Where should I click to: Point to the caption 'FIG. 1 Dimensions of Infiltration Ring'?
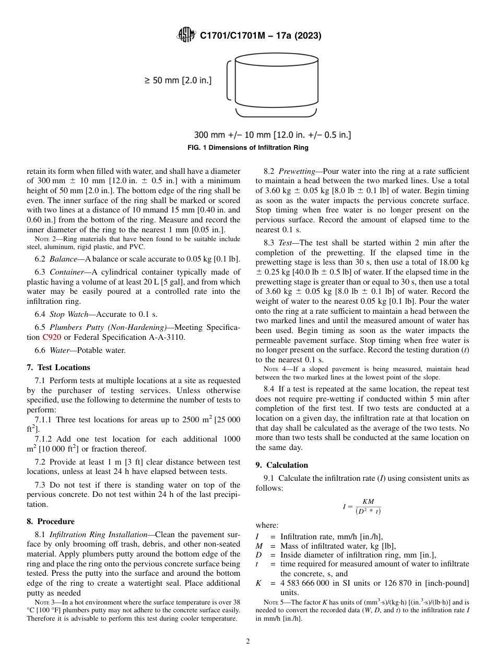(x=247, y=148)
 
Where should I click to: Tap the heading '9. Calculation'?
(x=282, y=465)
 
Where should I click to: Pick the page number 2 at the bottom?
(x=248, y=642)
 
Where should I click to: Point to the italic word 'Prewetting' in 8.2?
(x=297, y=171)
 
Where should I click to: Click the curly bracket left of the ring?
(x=228, y=80)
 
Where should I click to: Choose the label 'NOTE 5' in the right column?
(x=275, y=602)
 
